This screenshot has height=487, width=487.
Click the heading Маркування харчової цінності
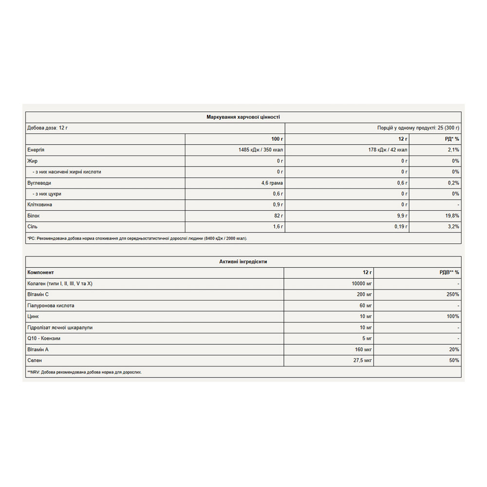coord(243,117)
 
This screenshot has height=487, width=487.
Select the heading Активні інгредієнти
coord(243,262)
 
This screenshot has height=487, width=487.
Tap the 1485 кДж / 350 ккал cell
coord(258,150)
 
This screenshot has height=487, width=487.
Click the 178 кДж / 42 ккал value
coord(388,150)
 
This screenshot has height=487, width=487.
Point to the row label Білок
coord(34,216)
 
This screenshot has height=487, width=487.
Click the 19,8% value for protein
coord(451,216)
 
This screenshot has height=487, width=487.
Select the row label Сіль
coord(33,226)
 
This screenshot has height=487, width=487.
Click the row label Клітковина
coord(40,205)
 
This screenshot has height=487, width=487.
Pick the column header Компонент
coord(41,272)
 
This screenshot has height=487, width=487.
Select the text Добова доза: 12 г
coord(47,128)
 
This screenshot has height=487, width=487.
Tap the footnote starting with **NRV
coord(84,372)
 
